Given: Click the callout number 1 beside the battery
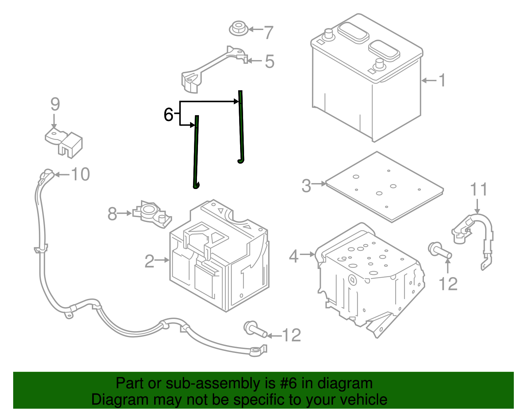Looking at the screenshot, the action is [x=442, y=80].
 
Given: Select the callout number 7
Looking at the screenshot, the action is [x=268, y=32].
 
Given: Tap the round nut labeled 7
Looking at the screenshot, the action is [x=238, y=28].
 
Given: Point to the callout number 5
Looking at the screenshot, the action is [x=270, y=61].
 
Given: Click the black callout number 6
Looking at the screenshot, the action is [x=169, y=114].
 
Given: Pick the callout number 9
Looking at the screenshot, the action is [x=55, y=104].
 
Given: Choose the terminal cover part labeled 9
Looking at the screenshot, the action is [x=64, y=143].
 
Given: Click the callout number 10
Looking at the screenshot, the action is [x=80, y=174].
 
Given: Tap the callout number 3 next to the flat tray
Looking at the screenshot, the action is [x=306, y=186].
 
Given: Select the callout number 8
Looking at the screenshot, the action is [x=112, y=214].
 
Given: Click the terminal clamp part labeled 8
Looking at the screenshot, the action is [x=152, y=214].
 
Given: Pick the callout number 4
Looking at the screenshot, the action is [x=294, y=256].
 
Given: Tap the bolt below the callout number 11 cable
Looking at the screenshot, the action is [x=440, y=250].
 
